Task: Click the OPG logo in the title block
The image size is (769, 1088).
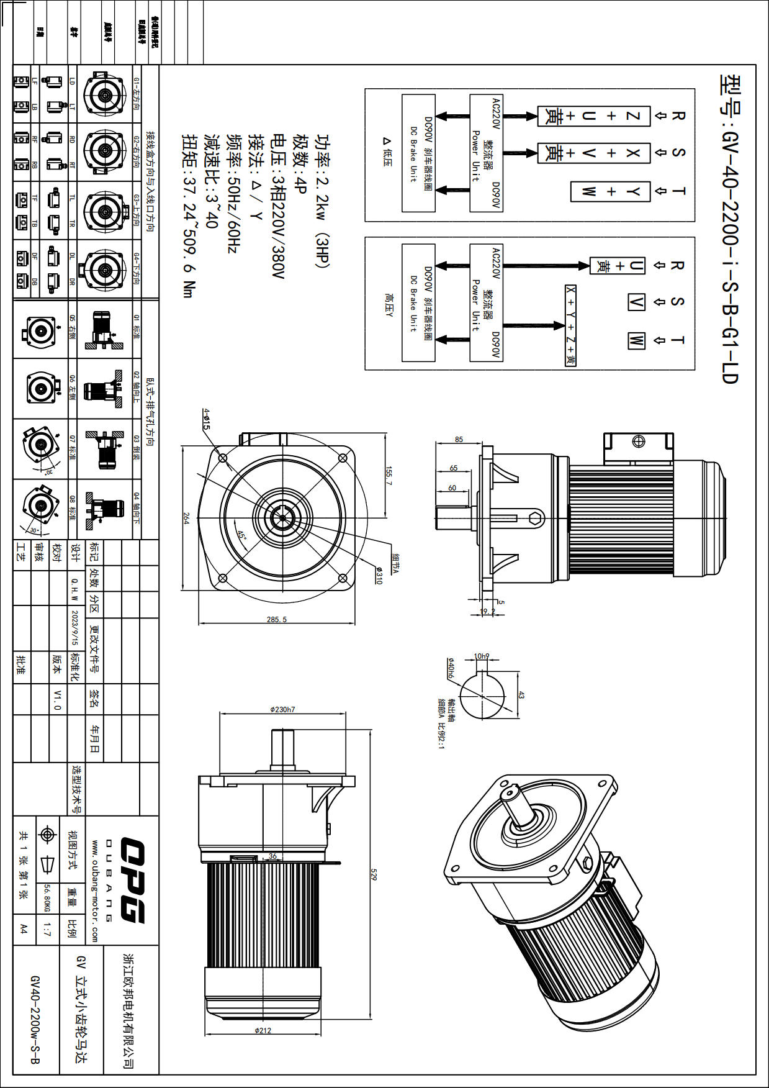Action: click(132, 880)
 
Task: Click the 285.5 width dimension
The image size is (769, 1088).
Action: click(276, 619)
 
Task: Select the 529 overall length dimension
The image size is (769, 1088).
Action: click(374, 874)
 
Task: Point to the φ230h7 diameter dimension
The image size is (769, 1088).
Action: click(282, 709)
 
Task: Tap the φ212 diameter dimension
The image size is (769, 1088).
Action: click(263, 1031)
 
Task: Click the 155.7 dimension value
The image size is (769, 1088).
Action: click(389, 476)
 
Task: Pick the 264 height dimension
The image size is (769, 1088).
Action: click(186, 518)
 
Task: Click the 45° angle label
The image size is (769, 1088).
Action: click(241, 534)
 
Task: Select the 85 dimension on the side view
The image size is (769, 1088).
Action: click(459, 439)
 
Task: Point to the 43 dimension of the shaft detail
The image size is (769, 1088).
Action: click(521, 696)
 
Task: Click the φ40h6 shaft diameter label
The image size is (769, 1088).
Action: click(450, 668)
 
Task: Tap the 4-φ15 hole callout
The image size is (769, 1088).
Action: click(206, 419)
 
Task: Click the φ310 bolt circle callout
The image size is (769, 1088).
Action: click(379, 575)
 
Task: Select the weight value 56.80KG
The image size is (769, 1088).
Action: click(47, 899)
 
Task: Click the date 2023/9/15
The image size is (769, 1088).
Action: click(74, 627)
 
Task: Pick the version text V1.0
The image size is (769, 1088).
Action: click(57, 699)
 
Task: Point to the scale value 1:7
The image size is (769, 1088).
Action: click(47, 930)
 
